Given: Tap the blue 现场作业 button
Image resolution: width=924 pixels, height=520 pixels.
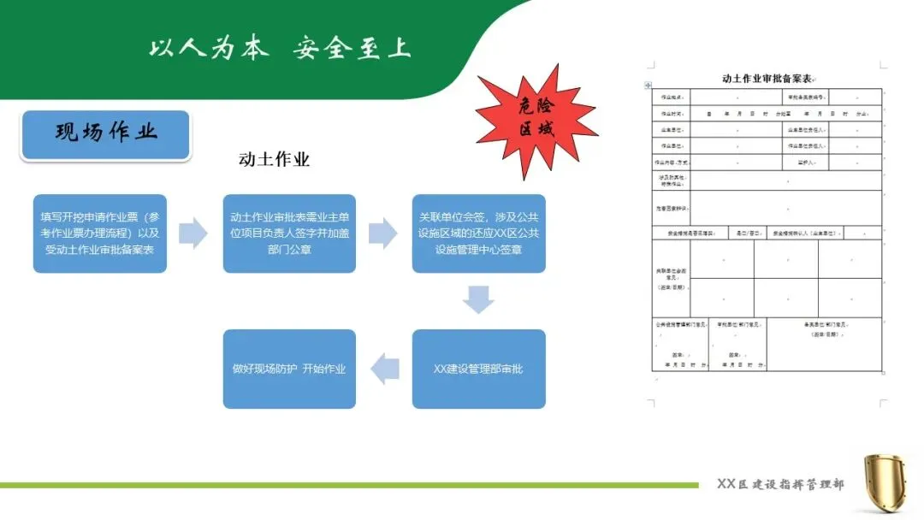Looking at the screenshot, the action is (106, 134).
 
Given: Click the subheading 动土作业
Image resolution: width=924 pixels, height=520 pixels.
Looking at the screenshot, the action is (274, 159).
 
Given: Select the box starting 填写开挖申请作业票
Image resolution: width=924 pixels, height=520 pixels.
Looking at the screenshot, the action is (100, 233).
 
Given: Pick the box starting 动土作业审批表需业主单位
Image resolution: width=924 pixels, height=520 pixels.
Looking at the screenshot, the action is (289, 233).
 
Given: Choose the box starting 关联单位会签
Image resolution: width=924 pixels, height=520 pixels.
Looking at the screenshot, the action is (478, 233).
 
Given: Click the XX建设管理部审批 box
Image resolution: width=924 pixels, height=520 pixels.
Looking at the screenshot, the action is (478, 369).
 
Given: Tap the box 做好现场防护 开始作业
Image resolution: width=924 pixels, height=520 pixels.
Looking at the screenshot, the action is (289, 369).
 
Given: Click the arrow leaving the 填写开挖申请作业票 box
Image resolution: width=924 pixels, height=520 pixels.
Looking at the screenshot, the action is (193, 233).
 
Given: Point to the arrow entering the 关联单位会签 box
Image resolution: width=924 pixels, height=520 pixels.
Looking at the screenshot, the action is (382, 233).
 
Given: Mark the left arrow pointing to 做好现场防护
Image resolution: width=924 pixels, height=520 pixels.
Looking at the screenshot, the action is (384, 368).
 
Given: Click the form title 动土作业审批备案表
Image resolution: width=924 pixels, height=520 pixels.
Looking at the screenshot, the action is (766, 78).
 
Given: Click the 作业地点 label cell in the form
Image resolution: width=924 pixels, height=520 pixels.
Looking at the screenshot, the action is (670, 97).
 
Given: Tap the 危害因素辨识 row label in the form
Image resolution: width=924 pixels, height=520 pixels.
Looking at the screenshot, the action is (670, 208).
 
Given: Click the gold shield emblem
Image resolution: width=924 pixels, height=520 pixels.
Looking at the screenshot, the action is (885, 483).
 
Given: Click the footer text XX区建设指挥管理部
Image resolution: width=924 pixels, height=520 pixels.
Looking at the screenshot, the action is (780, 484).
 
